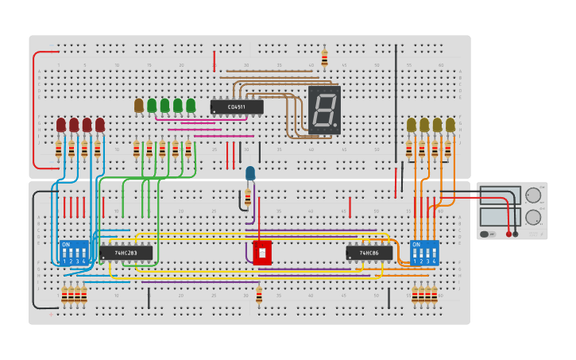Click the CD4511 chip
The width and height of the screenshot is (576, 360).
coord(236,106)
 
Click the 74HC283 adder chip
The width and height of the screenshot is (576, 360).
coord(126,253)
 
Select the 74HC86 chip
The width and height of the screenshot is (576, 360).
coord(369,253)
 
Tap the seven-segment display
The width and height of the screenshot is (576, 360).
coord(324,110)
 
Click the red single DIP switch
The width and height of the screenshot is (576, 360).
coord(262,253)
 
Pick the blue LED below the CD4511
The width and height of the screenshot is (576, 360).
coord(250,173)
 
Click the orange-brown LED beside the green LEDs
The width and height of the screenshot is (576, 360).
coord(139,105)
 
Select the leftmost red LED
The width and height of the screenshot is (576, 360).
coord(61,125)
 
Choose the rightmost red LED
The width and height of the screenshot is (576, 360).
coord(100,125)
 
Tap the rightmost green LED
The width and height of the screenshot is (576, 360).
coord(191,105)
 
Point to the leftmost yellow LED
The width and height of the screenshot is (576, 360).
coord(412,125)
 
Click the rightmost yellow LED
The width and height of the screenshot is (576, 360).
coord(450,125)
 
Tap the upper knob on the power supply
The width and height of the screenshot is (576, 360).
coord(533,195)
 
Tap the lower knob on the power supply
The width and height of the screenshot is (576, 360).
coord(533,217)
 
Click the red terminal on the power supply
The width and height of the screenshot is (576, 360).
coord(508,234)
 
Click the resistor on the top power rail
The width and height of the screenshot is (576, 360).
coord(324,57)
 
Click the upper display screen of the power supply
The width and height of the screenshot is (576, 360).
coord(500,195)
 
